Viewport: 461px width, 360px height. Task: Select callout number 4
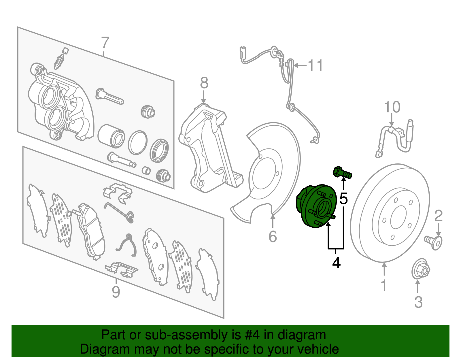pyautogui.click(x=336, y=263)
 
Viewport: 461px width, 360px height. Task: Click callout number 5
pyautogui.click(x=343, y=198)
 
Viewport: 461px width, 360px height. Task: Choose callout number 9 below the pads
pyautogui.click(x=116, y=292)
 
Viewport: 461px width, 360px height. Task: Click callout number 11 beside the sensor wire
pyautogui.click(x=316, y=65)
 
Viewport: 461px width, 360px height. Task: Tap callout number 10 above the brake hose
pyautogui.click(x=392, y=107)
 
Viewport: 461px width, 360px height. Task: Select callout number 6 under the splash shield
pyautogui.click(x=273, y=236)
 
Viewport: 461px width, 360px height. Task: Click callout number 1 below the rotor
pyautogui.click(x=384, y=285)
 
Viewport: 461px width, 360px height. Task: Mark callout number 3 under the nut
pyautogui.click(x=418, y=302)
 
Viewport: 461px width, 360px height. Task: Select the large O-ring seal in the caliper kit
pyautogui.click(x=137, y=142)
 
